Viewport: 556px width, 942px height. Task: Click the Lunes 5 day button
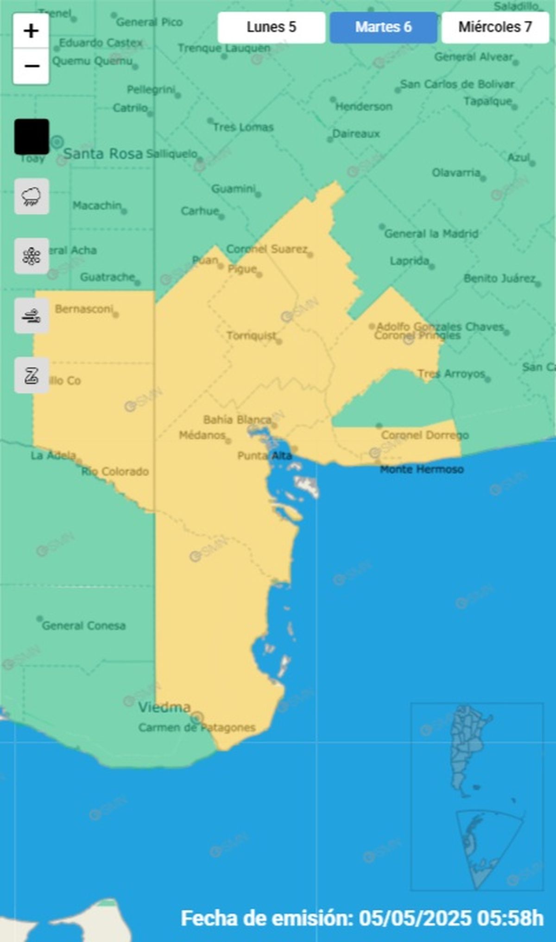[x=271, y=27]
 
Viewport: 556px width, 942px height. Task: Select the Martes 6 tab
[x=383, y=27]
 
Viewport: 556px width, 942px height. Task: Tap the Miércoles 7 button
[x=495, y=27]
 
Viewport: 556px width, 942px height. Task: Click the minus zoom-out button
[x=31, y=66]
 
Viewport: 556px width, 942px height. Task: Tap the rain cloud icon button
[x=32, y=196]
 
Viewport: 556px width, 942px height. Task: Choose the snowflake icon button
[x=32, y=256]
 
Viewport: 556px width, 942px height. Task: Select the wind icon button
[x=32, y=316]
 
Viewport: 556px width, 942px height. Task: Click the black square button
[x=32, y=137]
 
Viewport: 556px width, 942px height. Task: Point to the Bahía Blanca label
[x=237, y=420]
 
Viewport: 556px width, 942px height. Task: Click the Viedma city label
[x=164, y=707]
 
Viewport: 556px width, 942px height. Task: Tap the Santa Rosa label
[x=103, y=154]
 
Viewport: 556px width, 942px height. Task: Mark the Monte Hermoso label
[x=422, y=470]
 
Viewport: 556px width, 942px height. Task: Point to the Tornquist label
[x=252, y=335]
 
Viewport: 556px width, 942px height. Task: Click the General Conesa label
[x=84, y=626]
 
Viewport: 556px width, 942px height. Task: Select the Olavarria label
[x=456, y=173]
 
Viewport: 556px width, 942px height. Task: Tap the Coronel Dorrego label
[x=425, y=435]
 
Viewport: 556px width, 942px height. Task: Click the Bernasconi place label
[x=84, y=309]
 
